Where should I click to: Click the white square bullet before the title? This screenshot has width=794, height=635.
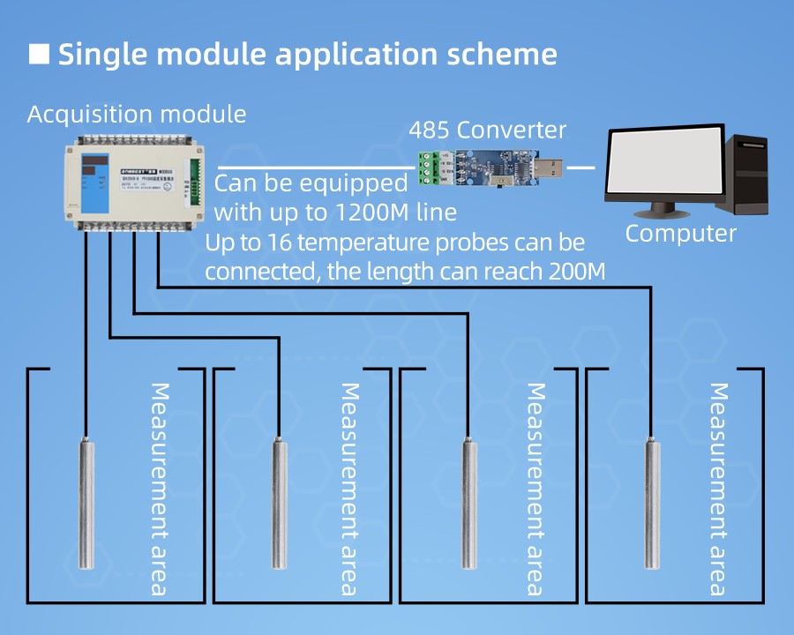[x=39, y=54]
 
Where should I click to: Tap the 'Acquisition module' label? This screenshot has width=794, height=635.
[x=137, y=115]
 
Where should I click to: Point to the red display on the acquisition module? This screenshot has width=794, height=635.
[x=95, y=164]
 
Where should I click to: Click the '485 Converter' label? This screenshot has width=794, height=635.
[x=487, y=131]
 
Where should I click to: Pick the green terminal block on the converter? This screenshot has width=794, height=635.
[x=430, y=168]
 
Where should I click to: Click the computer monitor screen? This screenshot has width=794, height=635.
[x=663, y=166]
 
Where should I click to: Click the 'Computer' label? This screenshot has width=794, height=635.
[x=680, y=234]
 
